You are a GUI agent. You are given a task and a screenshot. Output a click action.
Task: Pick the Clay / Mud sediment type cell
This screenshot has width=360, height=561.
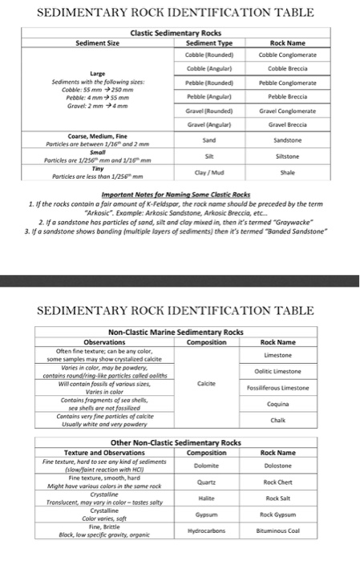pyautogui.click(x=208, y=176)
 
